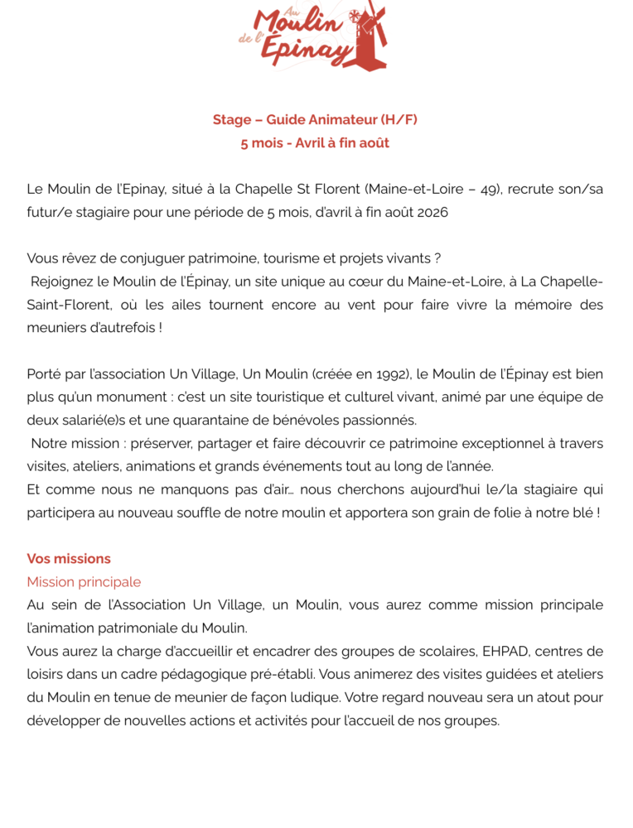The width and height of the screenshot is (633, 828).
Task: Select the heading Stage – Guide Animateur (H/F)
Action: [x=315, y=120]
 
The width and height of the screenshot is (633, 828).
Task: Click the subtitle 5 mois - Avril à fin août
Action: [x=315, y=143]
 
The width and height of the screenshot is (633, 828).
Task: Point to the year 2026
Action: [x=431, y=213]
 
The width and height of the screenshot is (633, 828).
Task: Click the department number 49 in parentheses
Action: [x=490, y=190]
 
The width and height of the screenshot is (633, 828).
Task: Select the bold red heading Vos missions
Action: [x=69, y=559]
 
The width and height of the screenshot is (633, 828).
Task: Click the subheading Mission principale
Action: [x=84, y=582]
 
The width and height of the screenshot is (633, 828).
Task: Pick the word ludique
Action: [x=310, y=697]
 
